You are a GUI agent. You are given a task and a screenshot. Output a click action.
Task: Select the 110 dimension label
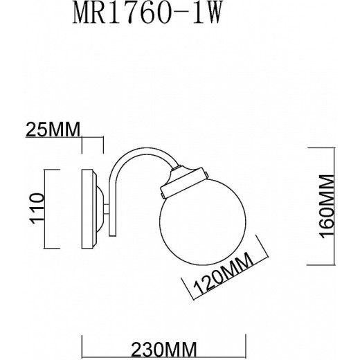click(37, 208)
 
